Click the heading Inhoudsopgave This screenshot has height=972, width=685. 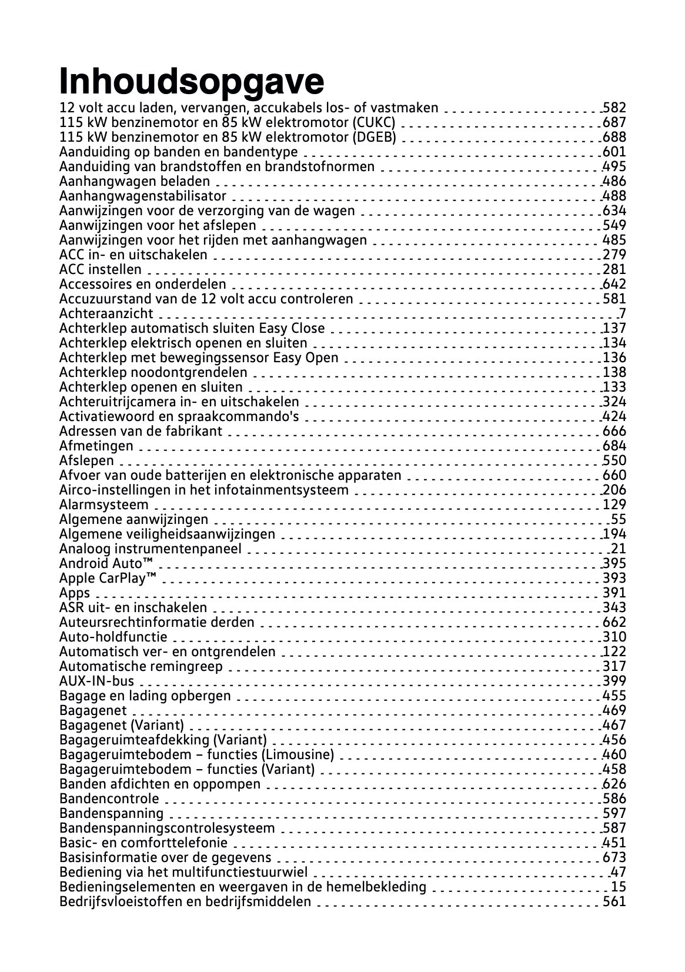pos(192,82)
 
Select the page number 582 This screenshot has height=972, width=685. pos(614,108)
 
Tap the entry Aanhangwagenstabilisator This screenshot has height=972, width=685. pos(143,196)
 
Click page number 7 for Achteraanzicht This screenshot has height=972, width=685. pos(622,314)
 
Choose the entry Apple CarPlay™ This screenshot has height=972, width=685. pos(108,579)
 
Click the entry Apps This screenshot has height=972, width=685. pos(75,593)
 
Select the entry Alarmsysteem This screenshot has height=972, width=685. pos(104,505)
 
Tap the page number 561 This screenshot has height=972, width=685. pos(614,902)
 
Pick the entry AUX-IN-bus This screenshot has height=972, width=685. pos(97,682)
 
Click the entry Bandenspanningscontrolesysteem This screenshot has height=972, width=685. pos(167,829)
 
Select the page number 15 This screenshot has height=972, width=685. pos(618,887)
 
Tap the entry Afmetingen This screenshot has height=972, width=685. pos(96,446)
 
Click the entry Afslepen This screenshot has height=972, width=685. pos(86,461)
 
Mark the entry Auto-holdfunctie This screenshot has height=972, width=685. pos(113,637)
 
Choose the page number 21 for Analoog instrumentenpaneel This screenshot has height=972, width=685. pos(618,549)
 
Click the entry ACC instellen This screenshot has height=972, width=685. pos(101,270)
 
